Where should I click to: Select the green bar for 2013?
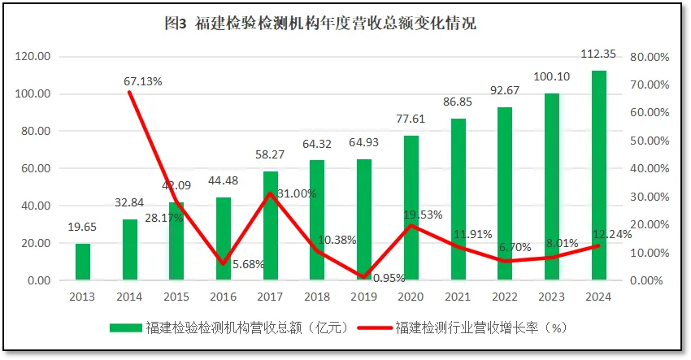click(83, 262)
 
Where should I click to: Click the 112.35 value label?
click(598, 54)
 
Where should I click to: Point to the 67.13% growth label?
click(143, 81)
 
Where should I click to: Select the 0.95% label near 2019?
click(389, 277)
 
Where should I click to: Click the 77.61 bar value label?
click(411, 119)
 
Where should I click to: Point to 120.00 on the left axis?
click(33, 57)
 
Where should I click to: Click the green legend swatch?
click(126, 327)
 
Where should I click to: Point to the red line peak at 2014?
click(130, 93)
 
